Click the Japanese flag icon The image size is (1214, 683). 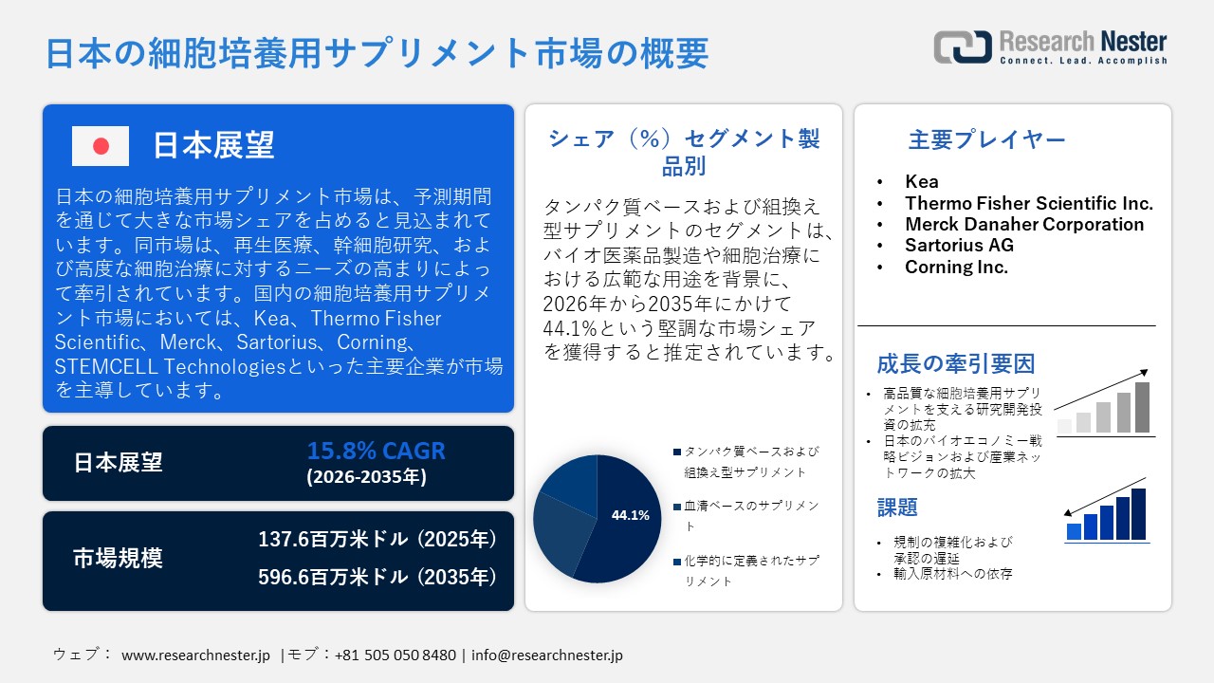[x=101, y=146]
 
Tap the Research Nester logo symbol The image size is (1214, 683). [x=963, y=46]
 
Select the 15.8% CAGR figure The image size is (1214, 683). [x=376, y=452]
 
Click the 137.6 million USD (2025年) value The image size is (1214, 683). [x=377, y=540]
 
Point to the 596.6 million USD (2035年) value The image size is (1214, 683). [x=377, y=577]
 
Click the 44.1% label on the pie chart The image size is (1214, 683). [x=631, y=515]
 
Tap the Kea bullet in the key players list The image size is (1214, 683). [x=922, y=181]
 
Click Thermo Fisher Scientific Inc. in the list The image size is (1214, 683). [x=1029, y=203]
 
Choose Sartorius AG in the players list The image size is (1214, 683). [x=959, y=245]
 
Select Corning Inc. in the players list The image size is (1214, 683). [x=956, y=267]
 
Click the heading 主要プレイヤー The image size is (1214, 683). [x=986, y=140]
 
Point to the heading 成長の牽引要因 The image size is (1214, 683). [x=942, y=363]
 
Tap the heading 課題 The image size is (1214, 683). [x=897, y=508]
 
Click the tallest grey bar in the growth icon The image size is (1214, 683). [x=1142, y=407]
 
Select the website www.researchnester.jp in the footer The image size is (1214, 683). [x=196, y=655]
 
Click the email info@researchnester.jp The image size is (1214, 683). [x=546, y=655]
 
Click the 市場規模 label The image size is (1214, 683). [x=118, y=559]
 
